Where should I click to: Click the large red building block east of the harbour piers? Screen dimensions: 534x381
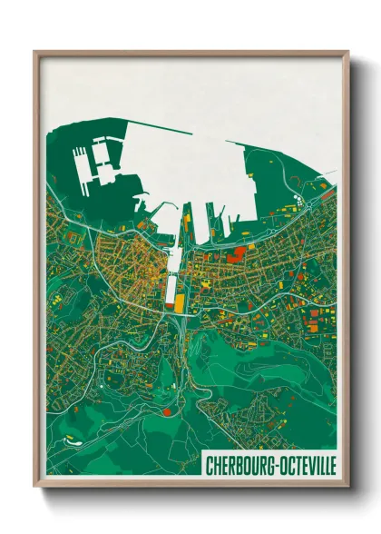pos(238,252)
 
